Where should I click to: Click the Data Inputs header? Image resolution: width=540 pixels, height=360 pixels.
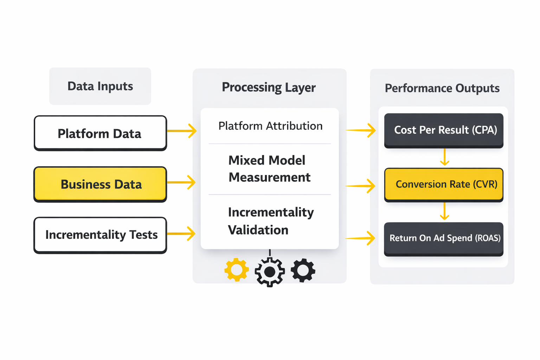coord(100,86)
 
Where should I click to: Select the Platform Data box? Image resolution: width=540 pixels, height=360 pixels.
coord(100,133)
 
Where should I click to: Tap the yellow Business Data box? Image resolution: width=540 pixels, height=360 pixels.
coord(100,184)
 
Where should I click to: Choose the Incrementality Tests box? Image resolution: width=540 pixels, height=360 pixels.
coord(100,235)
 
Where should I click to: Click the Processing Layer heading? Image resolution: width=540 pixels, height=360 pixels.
coord(269,87)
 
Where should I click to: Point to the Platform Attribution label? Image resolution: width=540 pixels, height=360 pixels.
coord(270,126)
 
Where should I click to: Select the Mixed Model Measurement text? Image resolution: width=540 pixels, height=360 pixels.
coord(269,169)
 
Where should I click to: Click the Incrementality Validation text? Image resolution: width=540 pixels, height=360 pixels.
coord(270,221)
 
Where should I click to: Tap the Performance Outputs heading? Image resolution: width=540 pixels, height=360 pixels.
coord(442,88)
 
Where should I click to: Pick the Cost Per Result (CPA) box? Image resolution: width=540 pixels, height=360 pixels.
coord(444,130)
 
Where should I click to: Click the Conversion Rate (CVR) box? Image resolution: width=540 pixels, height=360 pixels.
coord(444,185)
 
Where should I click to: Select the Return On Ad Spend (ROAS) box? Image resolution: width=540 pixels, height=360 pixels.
coord(444,238)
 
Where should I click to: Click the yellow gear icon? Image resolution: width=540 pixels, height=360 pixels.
coord(237,270)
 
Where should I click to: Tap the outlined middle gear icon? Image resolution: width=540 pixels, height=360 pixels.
coord(270,272)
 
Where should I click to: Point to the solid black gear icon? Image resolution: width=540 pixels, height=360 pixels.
coord(303,270)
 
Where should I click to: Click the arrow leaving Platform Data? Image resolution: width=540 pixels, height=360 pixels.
coord(182,131)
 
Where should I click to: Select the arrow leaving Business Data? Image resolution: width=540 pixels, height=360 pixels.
coord(181,182)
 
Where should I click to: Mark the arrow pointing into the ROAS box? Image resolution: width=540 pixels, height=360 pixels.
coord(361,238)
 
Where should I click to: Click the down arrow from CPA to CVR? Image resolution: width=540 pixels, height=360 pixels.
coord(445,157)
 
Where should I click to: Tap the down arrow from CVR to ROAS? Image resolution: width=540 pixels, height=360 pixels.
coord(445,211)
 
